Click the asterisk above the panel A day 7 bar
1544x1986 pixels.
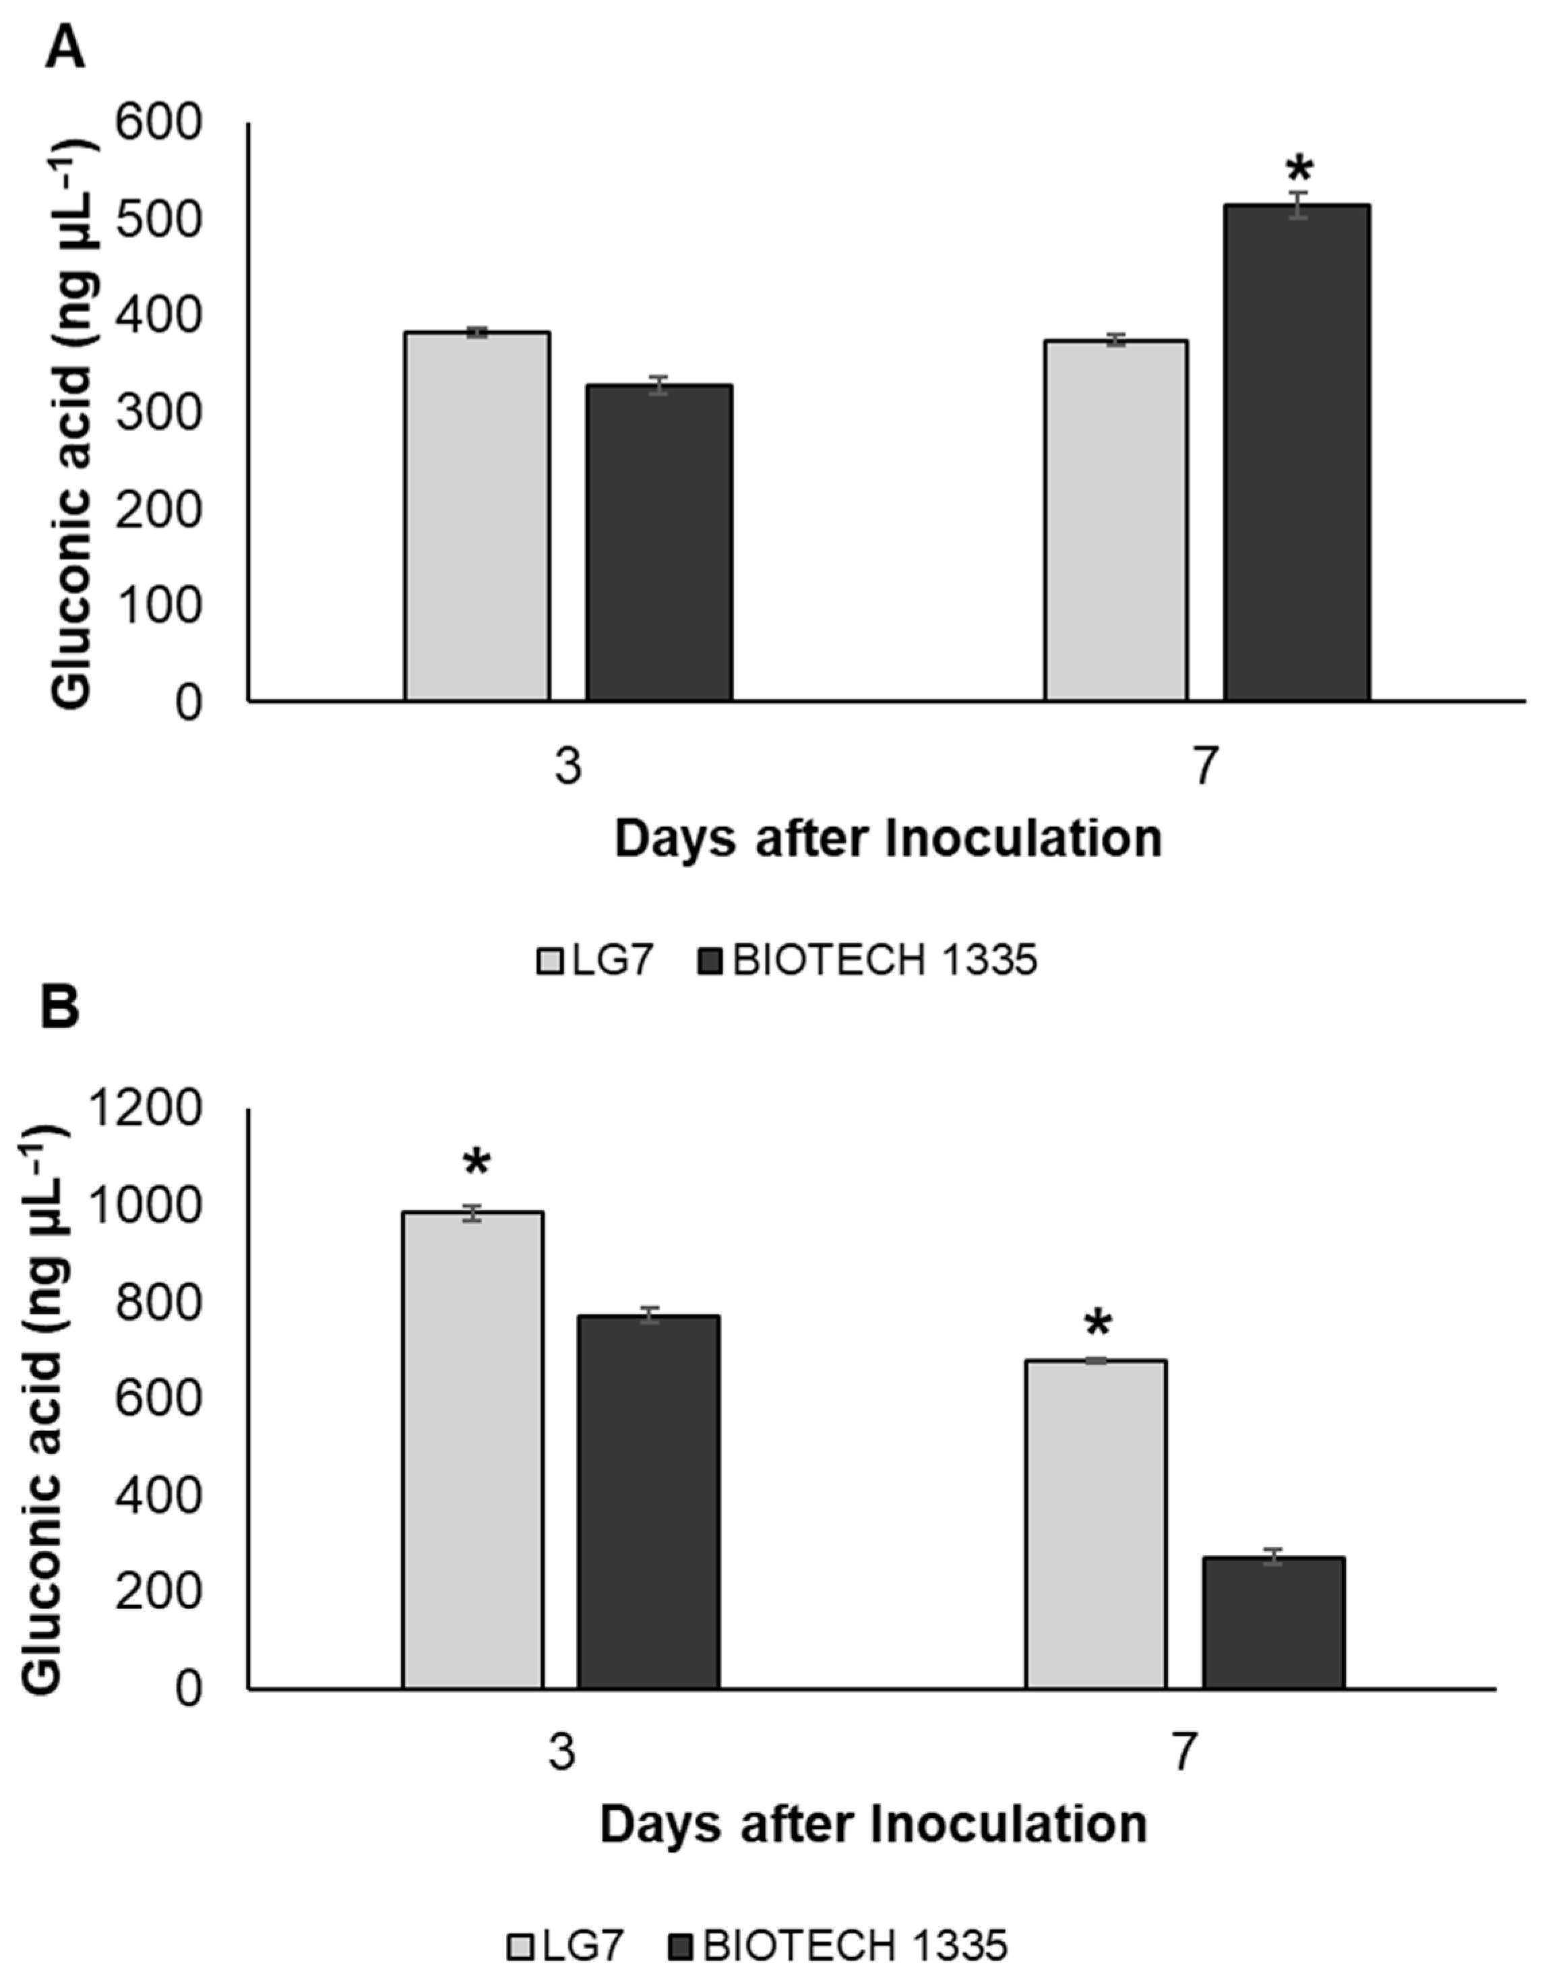[1299, 170]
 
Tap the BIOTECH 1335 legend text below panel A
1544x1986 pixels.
[884, 960]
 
